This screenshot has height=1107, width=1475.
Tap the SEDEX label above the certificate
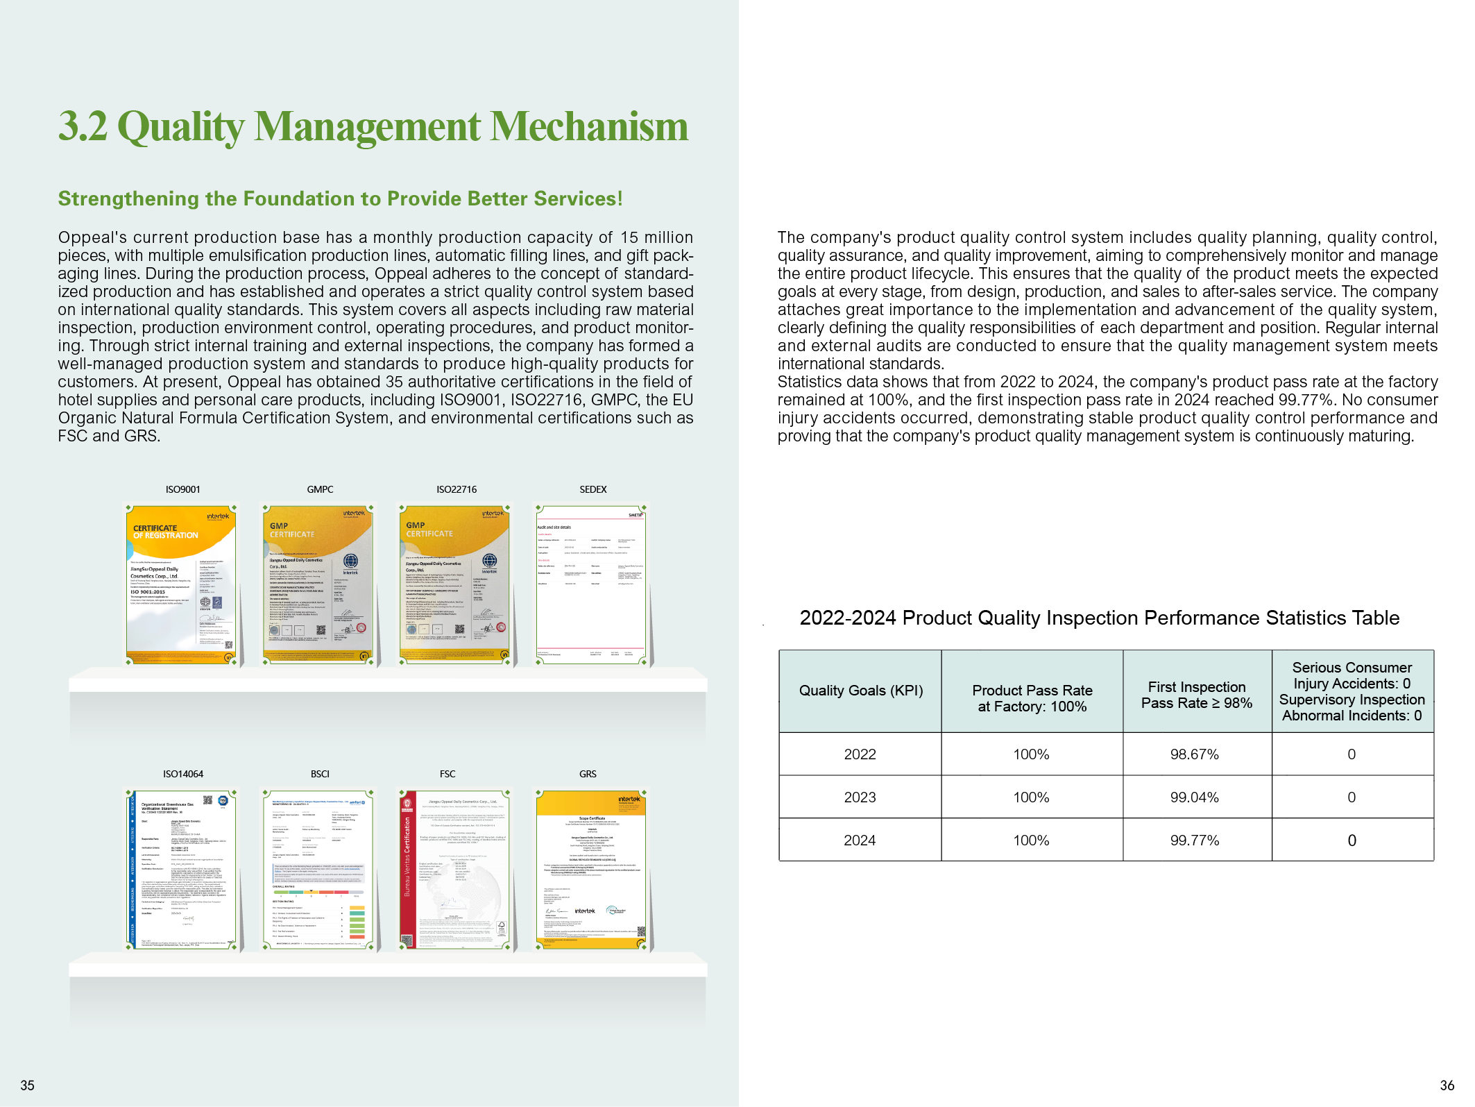593,489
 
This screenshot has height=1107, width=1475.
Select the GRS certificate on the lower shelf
591,870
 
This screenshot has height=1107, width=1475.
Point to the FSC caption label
447,774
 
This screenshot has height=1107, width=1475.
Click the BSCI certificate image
318,870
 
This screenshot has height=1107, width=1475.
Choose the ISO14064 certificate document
182,870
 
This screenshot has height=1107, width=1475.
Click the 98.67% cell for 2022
1194,754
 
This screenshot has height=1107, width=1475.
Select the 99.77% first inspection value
1194,840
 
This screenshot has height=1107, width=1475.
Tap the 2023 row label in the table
860,797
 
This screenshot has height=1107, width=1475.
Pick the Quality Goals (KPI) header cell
860,691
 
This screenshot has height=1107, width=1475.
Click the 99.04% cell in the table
1194,797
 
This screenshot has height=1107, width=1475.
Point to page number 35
27,1085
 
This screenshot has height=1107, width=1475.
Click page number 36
1447,1085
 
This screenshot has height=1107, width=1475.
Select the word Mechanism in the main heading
590,127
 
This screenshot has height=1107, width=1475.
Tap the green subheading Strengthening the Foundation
340,199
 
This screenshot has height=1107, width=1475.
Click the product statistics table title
1099,618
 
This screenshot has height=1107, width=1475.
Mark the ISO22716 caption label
457,489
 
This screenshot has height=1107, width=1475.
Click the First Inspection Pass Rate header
1197,695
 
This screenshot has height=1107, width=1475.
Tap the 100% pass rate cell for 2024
1031,840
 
